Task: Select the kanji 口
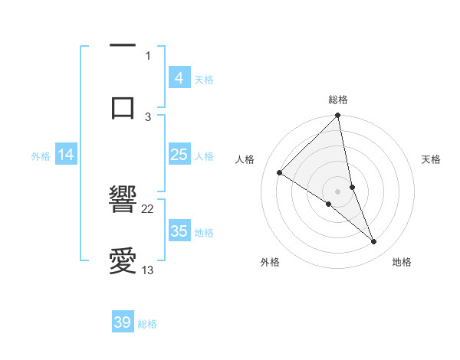pos(123,106)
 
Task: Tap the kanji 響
pos(123,201)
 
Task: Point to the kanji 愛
pos(123,260)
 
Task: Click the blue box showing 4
pos(179,78)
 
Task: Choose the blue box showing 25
pos(179,155)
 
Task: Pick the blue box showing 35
pos(179,231)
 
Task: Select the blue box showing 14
pos(66,155)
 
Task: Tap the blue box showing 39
pos(123,322)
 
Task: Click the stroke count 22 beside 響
pos(148,208)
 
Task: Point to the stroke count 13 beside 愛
pos(148,270)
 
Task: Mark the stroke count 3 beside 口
pos(148,116)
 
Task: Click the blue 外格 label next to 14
pos(41,156)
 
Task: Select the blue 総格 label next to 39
pos(147,324)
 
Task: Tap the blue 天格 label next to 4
pos(204,80)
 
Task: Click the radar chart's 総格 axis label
pos(338,100)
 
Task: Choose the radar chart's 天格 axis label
pos(432,159)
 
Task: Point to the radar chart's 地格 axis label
pos(402,262)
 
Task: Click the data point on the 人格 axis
pos(280,172)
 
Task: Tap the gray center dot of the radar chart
pos(338,191)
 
